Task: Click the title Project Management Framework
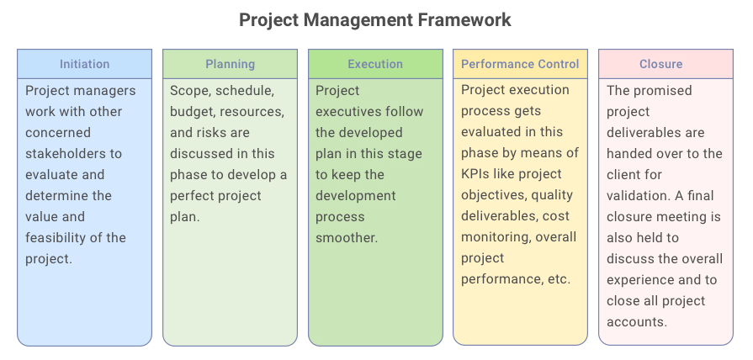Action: (375, 21)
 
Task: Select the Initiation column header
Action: (84, 64)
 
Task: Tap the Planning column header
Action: (230, 64)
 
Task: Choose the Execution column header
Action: (375, 64)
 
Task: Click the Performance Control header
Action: (520, 64)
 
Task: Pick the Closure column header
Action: (660, 64)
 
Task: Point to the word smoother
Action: (347, 238)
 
